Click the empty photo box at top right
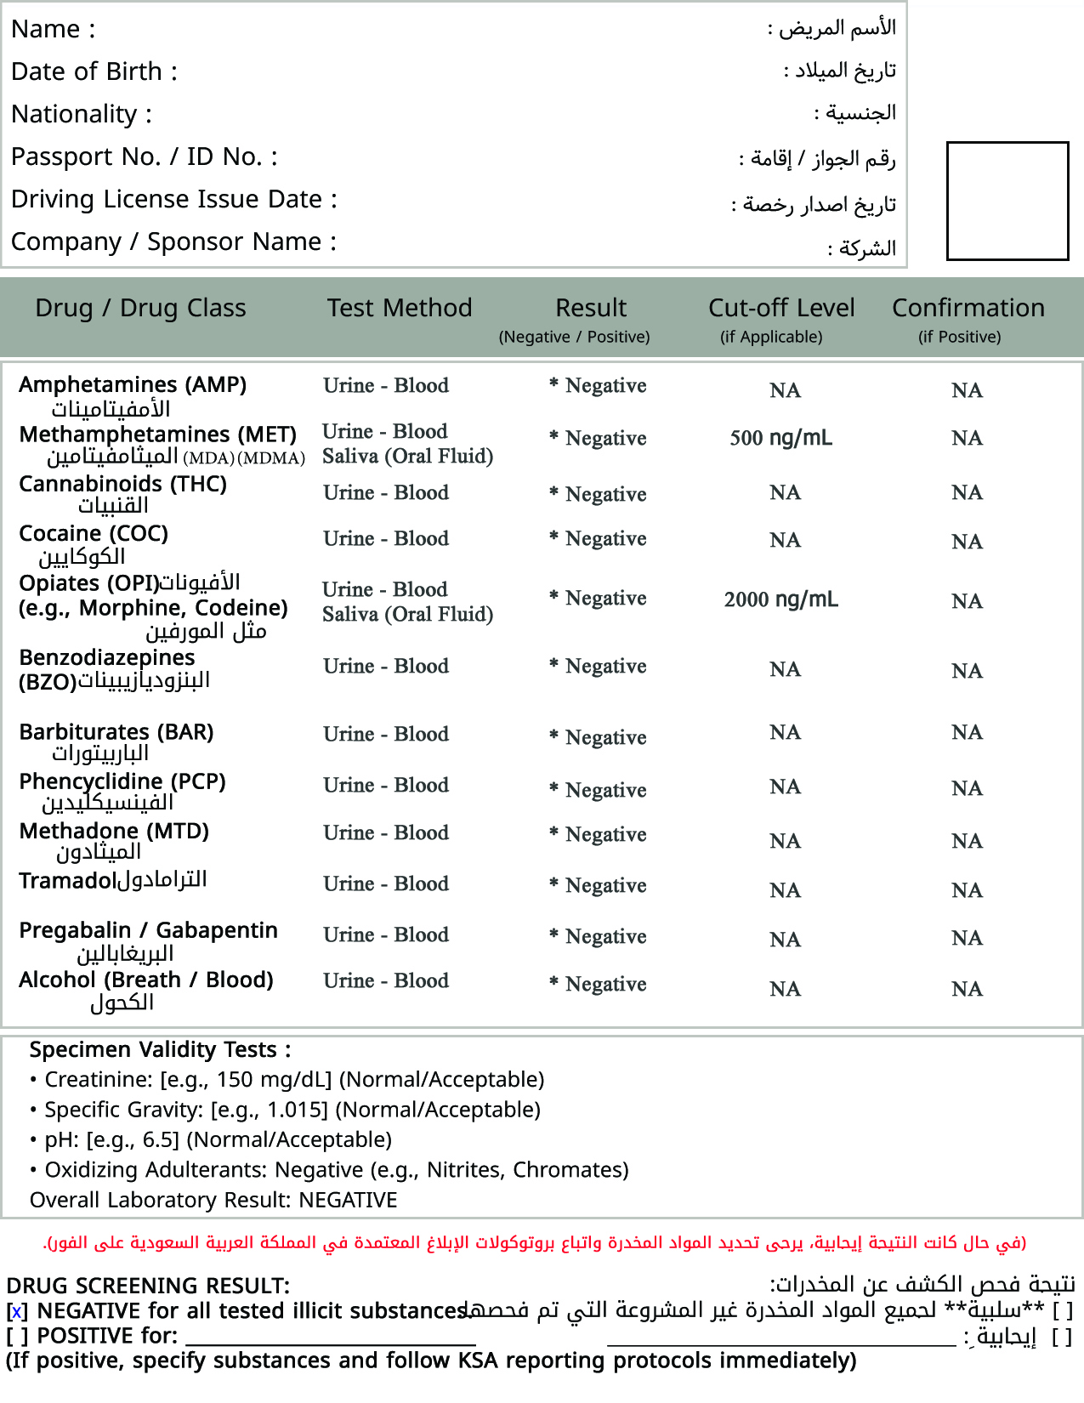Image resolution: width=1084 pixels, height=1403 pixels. [1007, 201]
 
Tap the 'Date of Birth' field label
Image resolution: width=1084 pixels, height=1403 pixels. [94, 71]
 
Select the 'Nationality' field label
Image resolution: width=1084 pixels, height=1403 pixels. [82, 114]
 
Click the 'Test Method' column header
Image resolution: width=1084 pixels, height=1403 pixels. [400, 308]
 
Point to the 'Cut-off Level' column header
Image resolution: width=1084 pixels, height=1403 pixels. [781, 308]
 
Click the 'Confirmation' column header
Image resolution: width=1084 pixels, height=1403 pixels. [968, 308]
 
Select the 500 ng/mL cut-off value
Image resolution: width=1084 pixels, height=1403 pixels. [780, 438]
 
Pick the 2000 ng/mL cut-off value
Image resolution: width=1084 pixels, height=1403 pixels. [780, 599]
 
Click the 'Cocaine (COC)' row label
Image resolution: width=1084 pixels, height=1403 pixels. [94, 533]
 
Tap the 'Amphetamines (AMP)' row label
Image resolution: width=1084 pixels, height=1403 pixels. [133, 384]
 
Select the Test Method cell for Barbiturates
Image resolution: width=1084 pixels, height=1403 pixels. [386, 734]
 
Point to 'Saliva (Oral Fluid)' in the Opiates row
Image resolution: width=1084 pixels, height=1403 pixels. [407, 614]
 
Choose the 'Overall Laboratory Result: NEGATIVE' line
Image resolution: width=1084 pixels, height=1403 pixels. [213, 1200]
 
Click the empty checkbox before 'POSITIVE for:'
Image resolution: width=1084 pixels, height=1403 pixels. [17, 1337]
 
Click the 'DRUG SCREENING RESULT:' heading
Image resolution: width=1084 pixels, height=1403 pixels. [148, 1286]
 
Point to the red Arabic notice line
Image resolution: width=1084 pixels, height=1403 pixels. [535, 1243]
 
